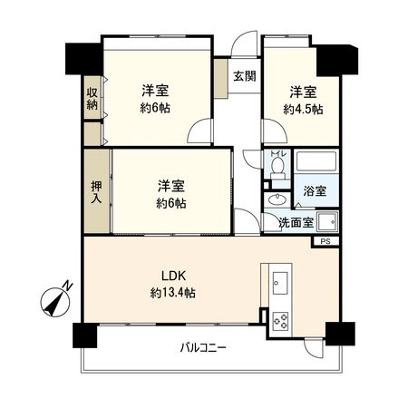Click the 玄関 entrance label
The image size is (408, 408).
[x=242, y=75]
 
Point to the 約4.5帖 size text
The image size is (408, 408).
[x=302, y=109]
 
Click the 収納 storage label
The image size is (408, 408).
[x=92, y=99]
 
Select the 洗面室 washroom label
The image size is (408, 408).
[x=296, y=222]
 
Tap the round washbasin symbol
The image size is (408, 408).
[x=277, y=199]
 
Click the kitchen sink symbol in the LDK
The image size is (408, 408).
[x=278, y=282]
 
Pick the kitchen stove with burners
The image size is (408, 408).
[x=279, y=321]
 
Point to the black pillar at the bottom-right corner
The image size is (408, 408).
[x=342, y=333]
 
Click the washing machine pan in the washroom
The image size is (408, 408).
[x=325, y=222]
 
